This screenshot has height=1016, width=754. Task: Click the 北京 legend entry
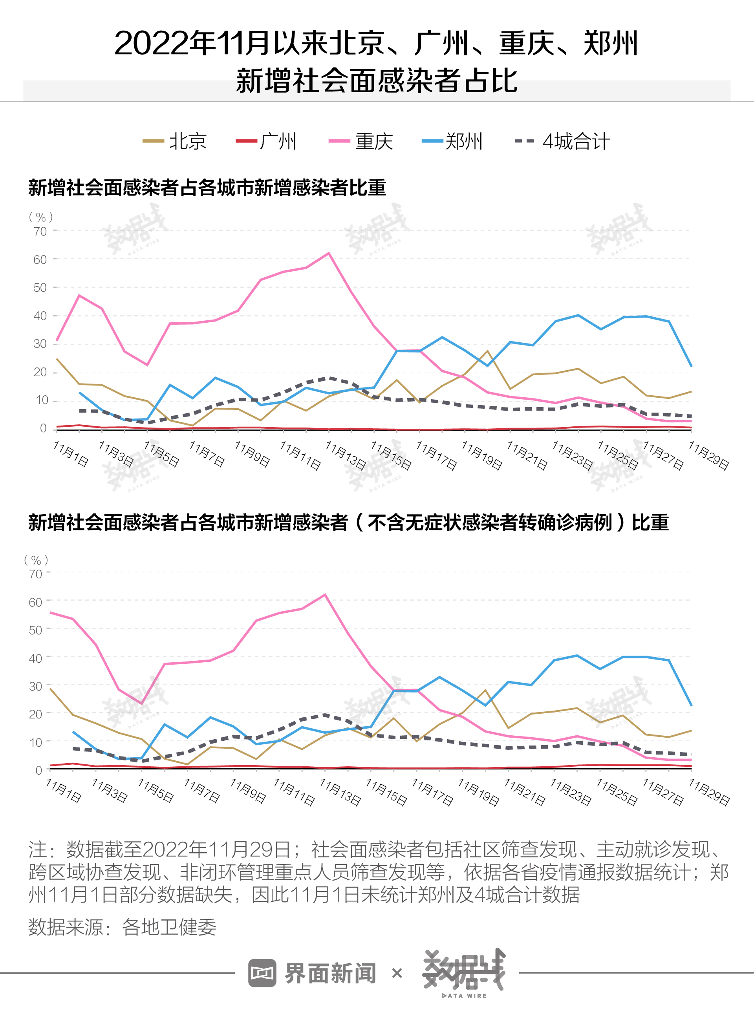pos(175,141)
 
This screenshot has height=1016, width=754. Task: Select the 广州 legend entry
pos(267,141)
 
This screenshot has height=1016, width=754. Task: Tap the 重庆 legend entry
pos(361,141)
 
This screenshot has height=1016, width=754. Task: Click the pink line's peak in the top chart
pos(329,253)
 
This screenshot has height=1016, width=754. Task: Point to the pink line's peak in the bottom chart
pos(324,594)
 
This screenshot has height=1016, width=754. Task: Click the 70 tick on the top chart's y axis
pos(40,231)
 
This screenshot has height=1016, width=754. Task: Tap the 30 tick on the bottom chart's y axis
pos(36,686)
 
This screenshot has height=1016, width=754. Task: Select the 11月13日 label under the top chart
pos(346,455)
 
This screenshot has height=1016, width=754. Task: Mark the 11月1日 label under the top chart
pos(71,454)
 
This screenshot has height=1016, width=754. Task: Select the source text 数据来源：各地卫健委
pos(122,926)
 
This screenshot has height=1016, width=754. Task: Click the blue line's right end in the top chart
pos(692,366)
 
